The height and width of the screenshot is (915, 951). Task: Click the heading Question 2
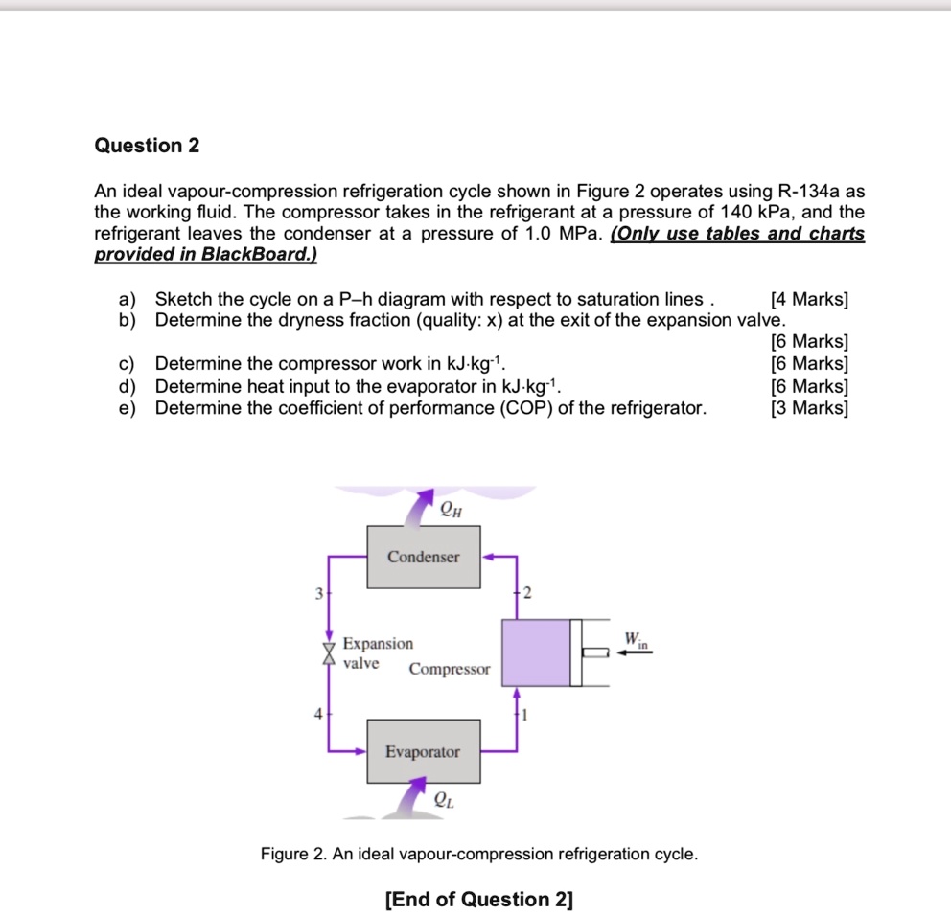click(x=147, y=146)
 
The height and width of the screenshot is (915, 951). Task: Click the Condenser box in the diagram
click(x=423, y=557)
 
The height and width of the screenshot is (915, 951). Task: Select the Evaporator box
click(x=423, y=752)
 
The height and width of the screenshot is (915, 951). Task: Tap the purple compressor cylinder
click(x=536, y=652)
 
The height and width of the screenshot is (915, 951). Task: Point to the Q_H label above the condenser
click(x=452, y=510)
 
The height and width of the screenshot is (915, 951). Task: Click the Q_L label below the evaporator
click(x=444, y=799)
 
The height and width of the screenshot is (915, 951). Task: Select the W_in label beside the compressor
click(x=636, y=639)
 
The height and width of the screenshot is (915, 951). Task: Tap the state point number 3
click(x=317, y=593)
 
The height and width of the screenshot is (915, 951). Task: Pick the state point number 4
click(x=317, y=713)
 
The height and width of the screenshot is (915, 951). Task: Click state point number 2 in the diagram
click(x=526, y=593)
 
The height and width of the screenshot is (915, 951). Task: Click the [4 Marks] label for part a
click(x=809, y=299)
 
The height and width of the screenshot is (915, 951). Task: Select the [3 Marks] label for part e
click(x=809, y=408)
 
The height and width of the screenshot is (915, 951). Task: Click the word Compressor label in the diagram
click(x=449, y=669)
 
